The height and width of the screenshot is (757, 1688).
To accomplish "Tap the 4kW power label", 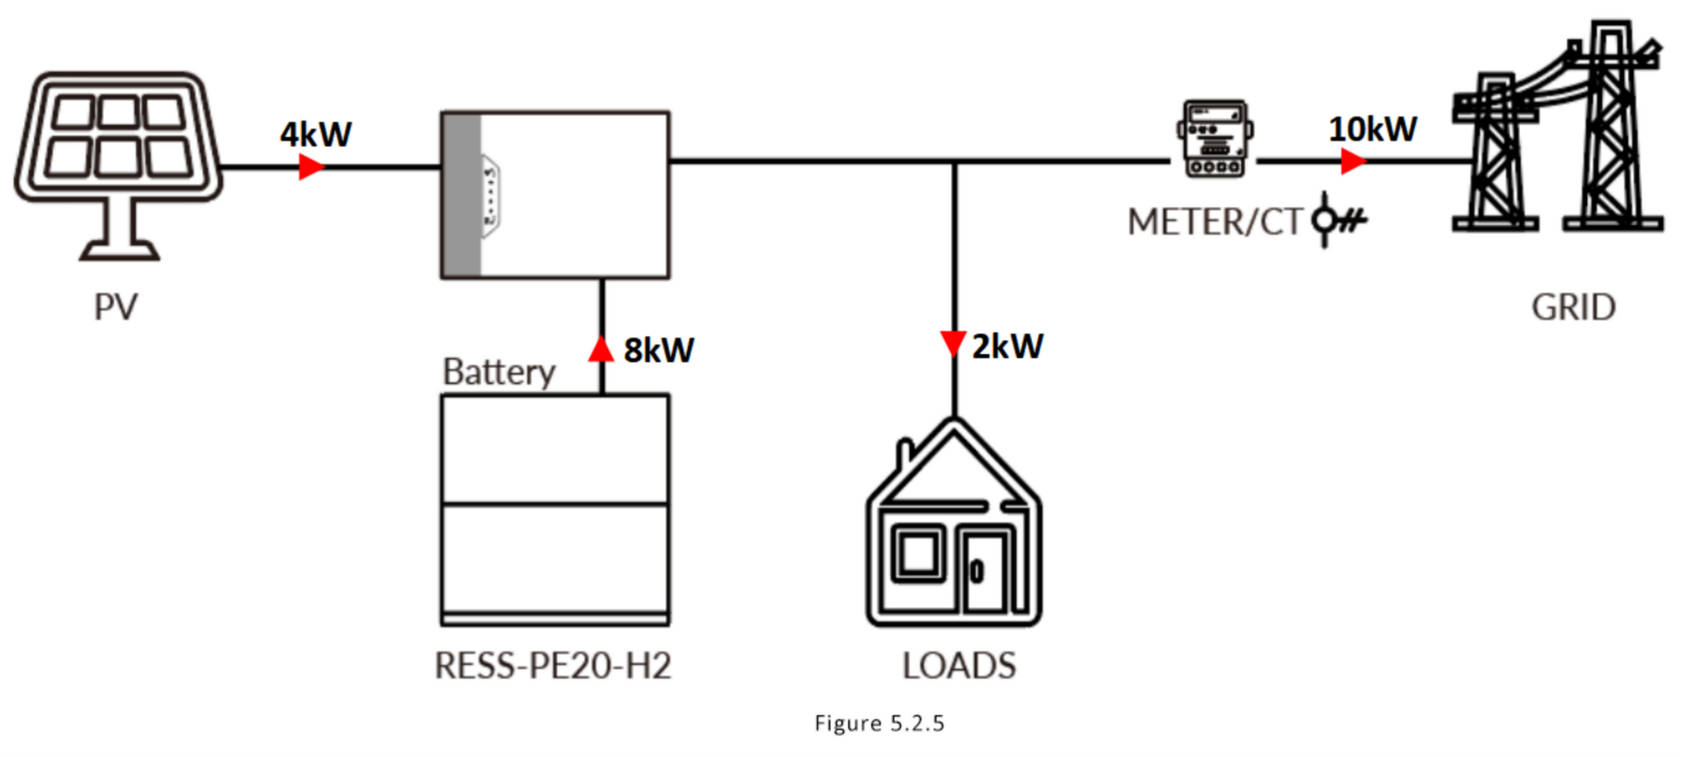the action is point(316,134).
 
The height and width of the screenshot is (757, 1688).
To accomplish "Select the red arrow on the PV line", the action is point(311,166).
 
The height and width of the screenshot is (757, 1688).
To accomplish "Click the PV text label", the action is point(116,306).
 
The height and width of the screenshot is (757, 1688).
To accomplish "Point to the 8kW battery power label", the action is point(659,350).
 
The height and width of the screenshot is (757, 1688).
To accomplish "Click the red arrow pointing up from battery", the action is point(601,348).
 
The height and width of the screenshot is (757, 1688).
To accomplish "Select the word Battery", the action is point(499,372).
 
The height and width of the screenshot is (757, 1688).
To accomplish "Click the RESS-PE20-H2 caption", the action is point(553,666).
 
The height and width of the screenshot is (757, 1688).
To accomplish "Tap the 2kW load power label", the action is point(1007,346).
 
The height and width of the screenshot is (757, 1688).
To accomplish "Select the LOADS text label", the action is point(959,666).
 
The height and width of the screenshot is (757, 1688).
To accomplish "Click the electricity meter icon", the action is point(1214,138).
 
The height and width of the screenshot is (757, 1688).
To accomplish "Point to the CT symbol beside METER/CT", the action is point(1338,220).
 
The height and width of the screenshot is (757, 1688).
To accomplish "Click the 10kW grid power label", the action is point(1372,129).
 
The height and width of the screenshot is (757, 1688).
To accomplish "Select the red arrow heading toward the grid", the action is point(1354,161).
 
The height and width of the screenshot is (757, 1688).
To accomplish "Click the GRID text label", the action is point(1573,307).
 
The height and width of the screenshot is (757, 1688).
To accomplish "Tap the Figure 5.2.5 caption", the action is point(879,723).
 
